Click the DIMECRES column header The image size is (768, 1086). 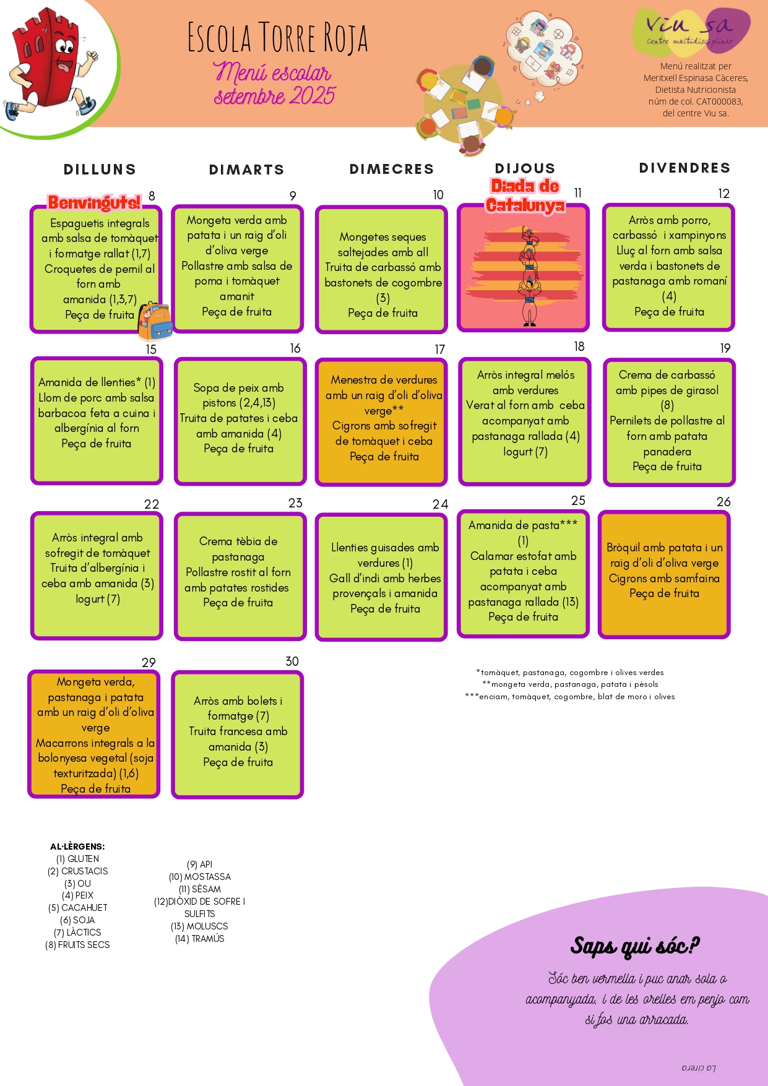click(391, 169)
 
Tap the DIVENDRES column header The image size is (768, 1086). click(684, 168)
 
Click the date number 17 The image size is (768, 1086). click(439, 350)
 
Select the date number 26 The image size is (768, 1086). click(723, 502)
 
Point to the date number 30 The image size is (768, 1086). click(292, 662)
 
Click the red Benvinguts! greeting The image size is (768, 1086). click(94, 202)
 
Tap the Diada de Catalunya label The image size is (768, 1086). click(525, 196)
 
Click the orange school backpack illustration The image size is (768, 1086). click(153, 322)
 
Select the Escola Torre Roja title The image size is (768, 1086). click(277, 38)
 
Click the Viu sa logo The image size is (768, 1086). click(690, 31)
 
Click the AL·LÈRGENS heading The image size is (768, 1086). click(77, 847)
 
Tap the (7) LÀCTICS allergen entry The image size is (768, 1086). click(77, 933)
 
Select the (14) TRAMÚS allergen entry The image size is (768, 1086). click(199, 939)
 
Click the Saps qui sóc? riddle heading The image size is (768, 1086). click(634, 946)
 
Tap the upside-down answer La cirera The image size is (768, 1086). click(698, 1067)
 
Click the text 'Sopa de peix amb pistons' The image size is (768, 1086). click(239, 395)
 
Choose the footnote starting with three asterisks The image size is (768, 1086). click(570, 697)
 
